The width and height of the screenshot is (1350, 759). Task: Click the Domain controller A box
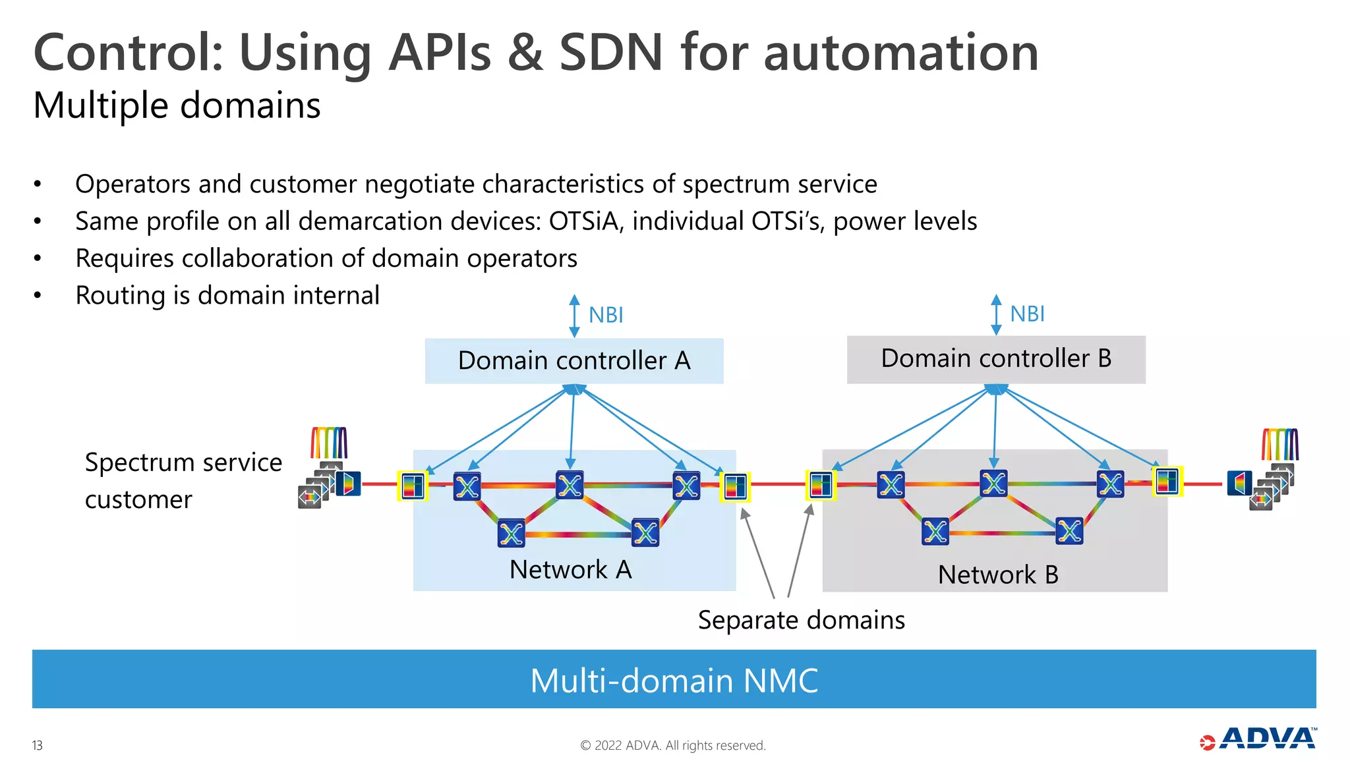573,361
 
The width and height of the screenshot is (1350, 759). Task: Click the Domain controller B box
995,359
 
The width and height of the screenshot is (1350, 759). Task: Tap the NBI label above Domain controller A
605,315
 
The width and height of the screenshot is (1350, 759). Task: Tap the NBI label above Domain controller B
1027,314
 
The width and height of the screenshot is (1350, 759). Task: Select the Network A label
570,569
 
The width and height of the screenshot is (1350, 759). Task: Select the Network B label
997,575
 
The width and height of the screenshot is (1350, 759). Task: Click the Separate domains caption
801,620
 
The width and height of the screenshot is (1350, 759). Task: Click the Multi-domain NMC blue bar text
674,681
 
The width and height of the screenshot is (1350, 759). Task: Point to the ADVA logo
1259,739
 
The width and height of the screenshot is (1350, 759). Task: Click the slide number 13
37,745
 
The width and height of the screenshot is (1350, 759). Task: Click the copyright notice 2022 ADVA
672,745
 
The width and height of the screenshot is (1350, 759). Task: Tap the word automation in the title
900,53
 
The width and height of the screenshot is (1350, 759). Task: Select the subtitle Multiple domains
177,105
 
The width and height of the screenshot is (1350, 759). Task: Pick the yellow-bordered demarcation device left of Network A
413,486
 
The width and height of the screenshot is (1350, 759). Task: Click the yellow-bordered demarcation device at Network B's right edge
1167,482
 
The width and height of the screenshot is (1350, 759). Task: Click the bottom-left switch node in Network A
511,533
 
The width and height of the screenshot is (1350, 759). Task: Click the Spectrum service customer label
183,480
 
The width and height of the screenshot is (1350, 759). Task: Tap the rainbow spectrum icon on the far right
1279,444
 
